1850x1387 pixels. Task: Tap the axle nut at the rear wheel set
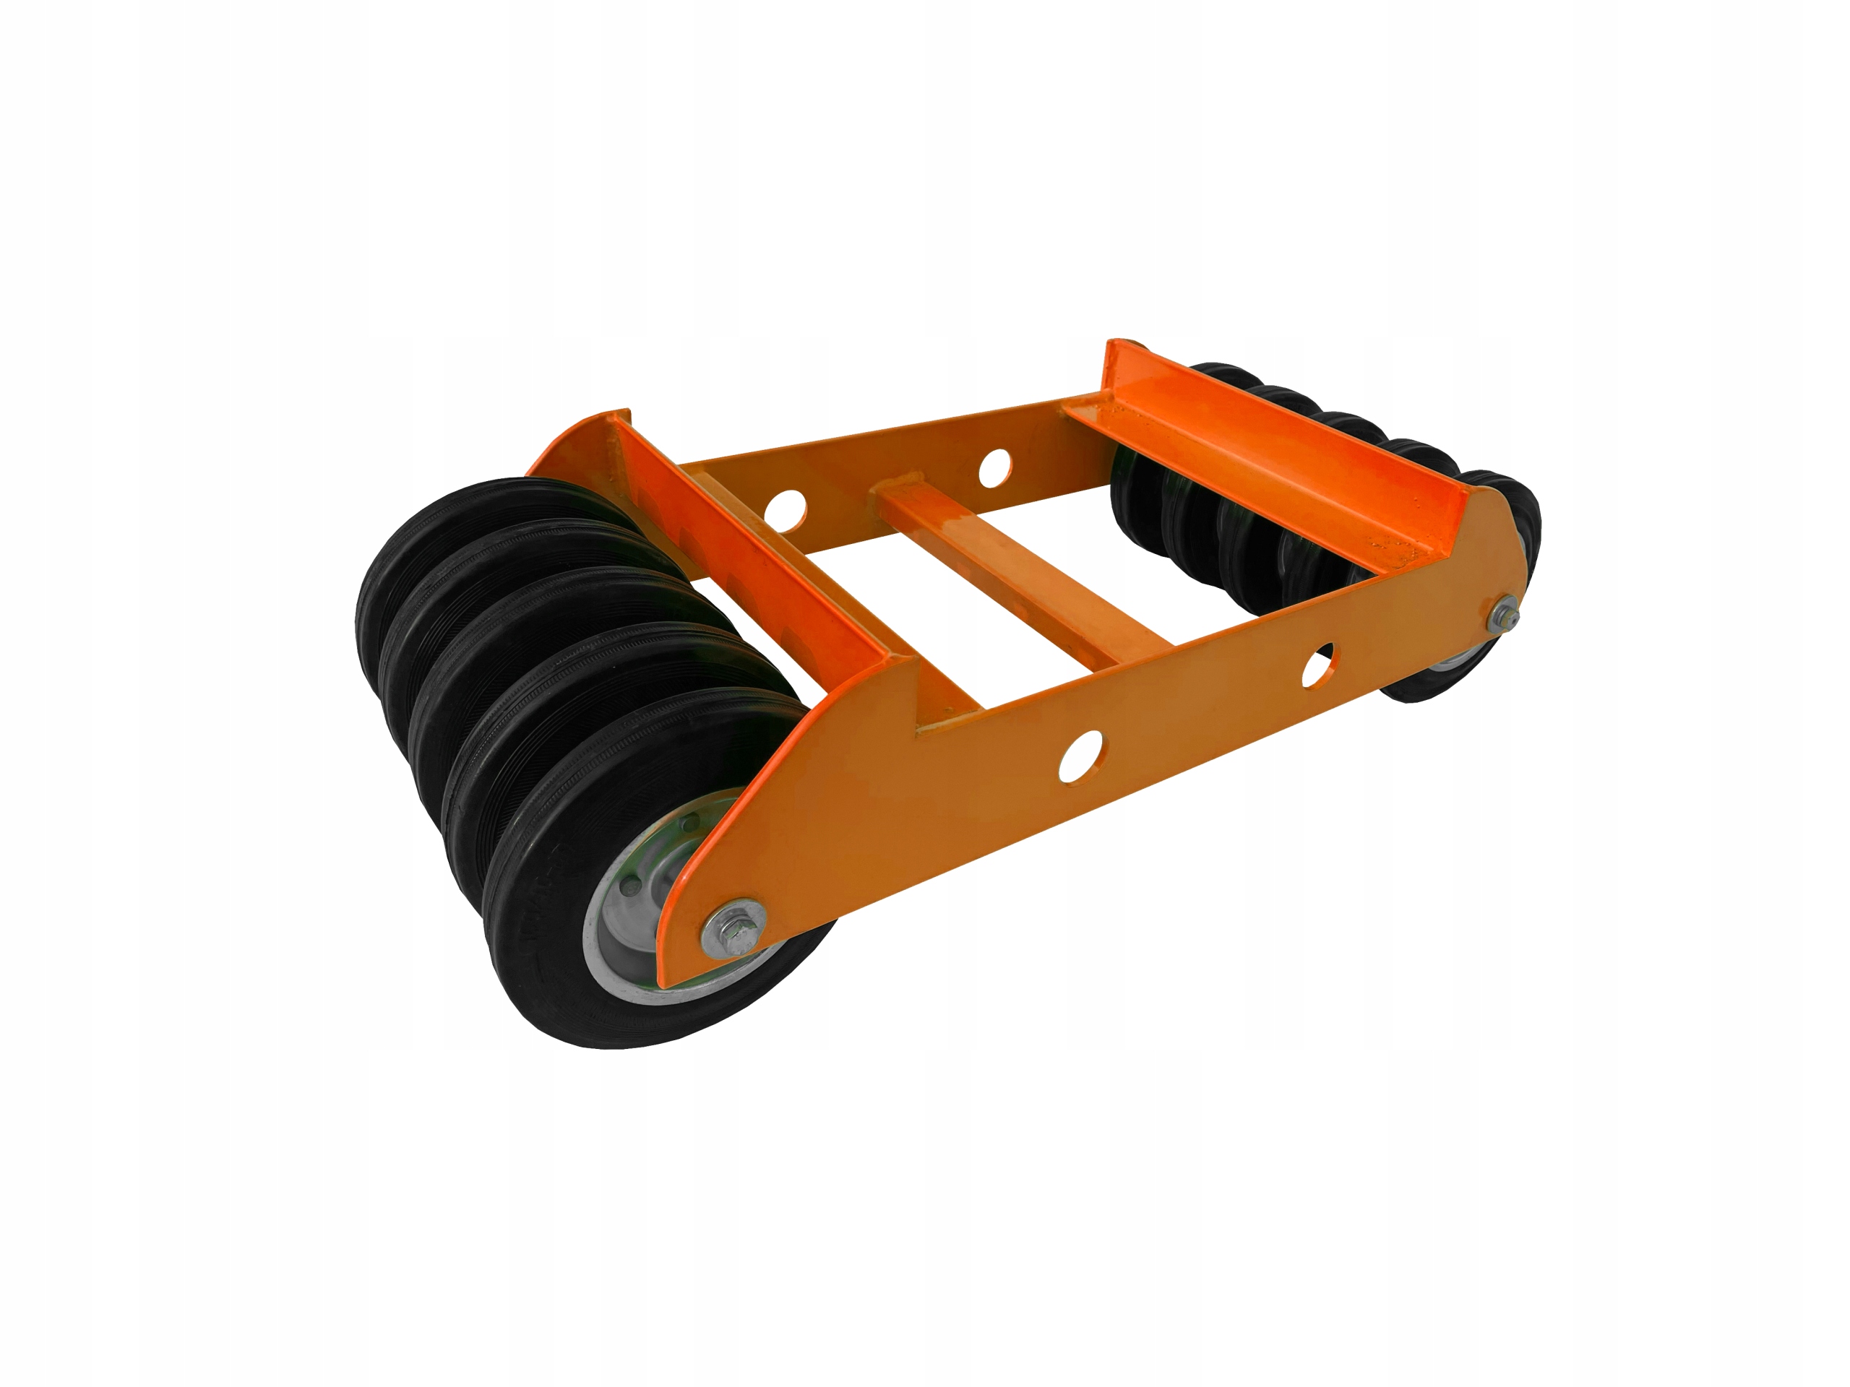[1506, 617]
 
